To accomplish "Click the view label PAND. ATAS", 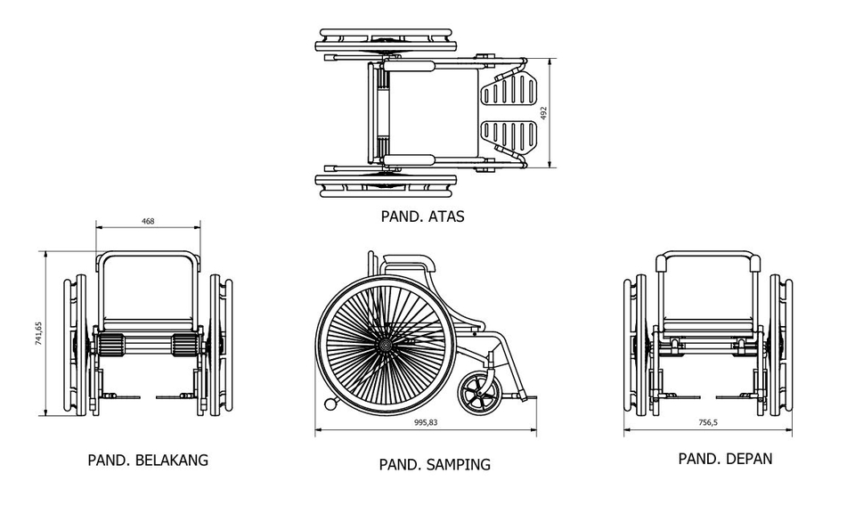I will (x=422, y=216).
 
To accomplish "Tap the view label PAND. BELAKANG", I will (x=148, y=461).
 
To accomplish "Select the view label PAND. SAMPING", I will (x=435, y=464).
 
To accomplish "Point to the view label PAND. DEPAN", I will (x=725, y=459).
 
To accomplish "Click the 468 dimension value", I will (x=148, y=221).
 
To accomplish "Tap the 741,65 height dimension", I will (x=38, y=333).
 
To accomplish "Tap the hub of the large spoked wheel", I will (x=385, y=342).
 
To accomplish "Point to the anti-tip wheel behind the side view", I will (x=331, y=404).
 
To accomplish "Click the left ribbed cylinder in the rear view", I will (x=109, y=344).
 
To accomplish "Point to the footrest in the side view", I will (x=524, y=395).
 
